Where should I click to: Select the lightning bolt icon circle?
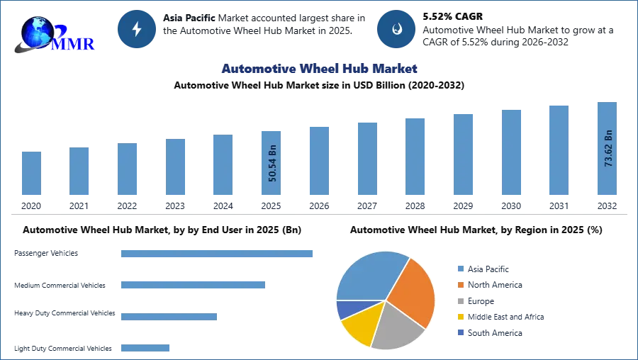point(137,29)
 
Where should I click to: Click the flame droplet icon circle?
point(396,29)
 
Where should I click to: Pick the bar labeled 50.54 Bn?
point(272,164)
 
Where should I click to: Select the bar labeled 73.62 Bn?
point(607,150)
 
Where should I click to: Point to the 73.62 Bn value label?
point(608,148)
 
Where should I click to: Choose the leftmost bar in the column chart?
point(30,173)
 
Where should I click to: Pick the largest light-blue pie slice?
point(369,276)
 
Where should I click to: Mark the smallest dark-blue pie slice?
point(345,309)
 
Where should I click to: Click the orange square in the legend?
point(459,283)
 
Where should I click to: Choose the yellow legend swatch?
point(459,317)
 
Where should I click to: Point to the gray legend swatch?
point(459,300)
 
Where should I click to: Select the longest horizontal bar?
point(218,254)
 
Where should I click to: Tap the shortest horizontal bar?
point(145,346)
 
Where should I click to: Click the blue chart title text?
point(320,69)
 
